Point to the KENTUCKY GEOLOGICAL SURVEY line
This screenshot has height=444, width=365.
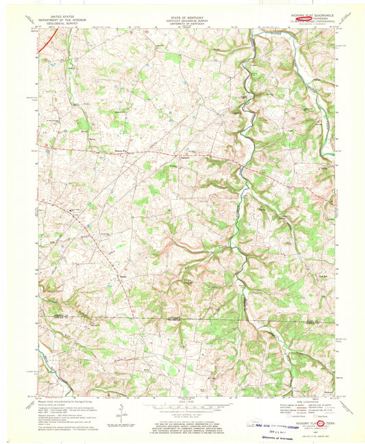pos(182,16)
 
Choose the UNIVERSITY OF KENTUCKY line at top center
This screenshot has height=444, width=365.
pos(182,20)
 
